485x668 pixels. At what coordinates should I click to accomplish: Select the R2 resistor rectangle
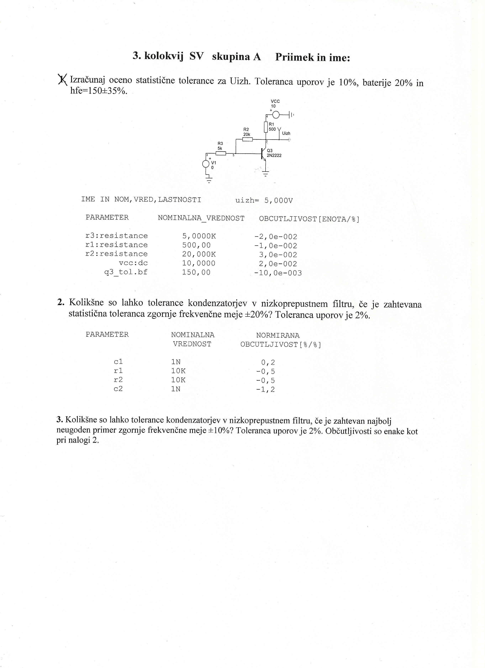point(247,139)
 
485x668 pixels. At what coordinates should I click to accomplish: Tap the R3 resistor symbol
point(221,153)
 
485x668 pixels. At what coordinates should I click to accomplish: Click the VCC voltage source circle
point(276,114)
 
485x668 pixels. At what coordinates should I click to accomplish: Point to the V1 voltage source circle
point(206,164)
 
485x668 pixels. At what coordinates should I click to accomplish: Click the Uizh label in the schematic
point(286,133)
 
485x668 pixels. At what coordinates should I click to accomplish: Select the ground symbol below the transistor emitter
point(266,174)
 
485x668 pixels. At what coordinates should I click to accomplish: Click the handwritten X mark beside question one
point(62,79)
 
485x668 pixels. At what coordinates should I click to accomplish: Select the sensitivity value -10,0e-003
point(278,273)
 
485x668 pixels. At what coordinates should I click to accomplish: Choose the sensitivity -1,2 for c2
point(266,389)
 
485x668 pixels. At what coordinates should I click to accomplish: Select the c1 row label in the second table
point(118,362)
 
